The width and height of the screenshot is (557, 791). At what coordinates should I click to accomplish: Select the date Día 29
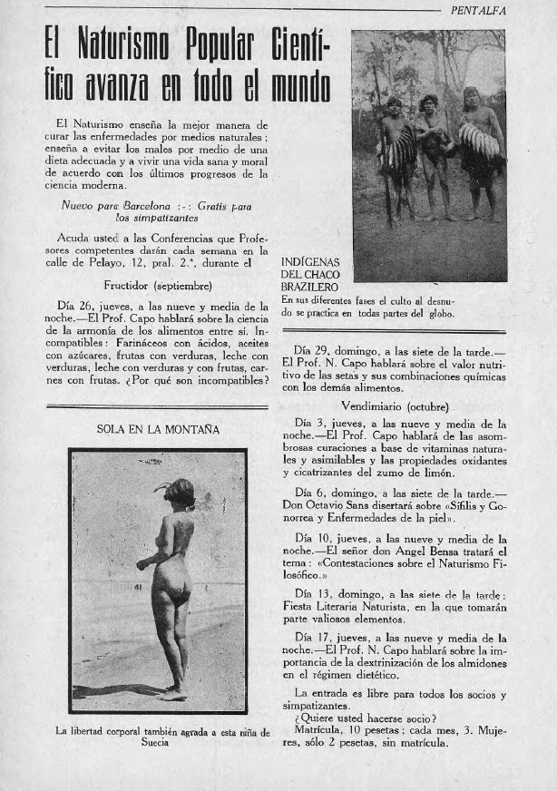click(x=313, y=349)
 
